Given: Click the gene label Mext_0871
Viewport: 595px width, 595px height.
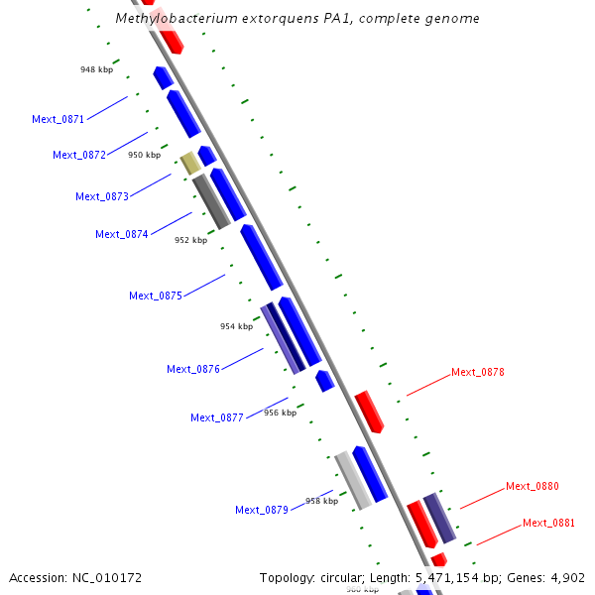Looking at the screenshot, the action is click(58, 119).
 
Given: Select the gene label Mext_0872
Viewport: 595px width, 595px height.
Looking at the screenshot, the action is click(79, 155).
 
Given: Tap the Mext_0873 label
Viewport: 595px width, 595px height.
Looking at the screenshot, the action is click(102, 196).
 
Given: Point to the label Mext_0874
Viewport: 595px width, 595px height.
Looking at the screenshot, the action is click(122, 234).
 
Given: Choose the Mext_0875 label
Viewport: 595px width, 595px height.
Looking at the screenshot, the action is click(156, 296).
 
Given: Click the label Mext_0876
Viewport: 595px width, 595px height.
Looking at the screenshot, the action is click(193, 369).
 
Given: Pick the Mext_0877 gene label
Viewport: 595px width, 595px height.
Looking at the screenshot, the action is click(217, 417).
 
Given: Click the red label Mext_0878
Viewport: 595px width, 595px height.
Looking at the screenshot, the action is click(478, 373).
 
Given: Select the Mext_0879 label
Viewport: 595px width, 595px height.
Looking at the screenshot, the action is click(262, 510).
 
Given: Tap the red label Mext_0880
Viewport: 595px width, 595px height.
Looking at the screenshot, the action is click(533, 486).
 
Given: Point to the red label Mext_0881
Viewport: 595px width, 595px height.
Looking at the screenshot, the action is click(549, 523).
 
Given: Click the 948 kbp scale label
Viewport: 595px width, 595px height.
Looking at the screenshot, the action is click(97, 69).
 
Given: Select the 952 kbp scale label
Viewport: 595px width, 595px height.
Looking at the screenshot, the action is click(191, 240).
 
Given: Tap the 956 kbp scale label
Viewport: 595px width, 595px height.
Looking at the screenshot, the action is click(280, 413).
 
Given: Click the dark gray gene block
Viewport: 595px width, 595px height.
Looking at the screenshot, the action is click(211, 201).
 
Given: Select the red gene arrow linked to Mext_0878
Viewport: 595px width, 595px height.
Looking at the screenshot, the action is click(369, 411).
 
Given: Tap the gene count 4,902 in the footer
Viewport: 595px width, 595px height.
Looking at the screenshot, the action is click(566, 577).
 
